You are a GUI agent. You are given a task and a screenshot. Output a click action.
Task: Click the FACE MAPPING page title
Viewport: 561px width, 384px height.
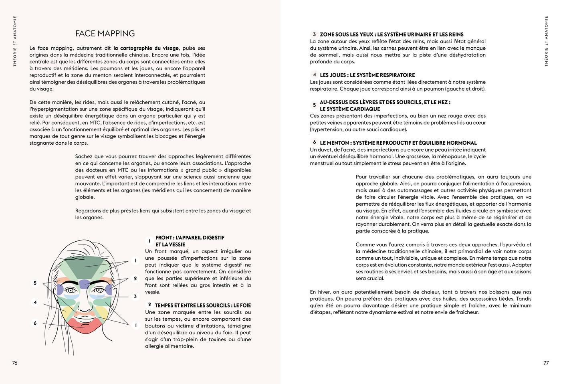click(105, 34)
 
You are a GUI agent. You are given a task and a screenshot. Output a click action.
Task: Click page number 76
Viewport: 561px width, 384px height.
click(15, 363)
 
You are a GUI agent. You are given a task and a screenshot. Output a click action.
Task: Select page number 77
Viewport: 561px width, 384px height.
click(546, 363)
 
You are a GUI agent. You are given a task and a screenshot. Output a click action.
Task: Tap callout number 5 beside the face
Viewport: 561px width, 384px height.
click(35, 283)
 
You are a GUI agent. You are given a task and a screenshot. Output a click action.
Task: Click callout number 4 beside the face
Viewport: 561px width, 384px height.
click(35, 303)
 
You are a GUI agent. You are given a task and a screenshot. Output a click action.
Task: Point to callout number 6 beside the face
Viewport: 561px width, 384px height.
click(35, 323)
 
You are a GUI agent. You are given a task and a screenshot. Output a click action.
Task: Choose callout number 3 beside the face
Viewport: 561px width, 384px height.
click(135, 297)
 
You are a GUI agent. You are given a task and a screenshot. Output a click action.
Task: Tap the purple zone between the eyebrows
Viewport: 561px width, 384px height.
click(85, 284)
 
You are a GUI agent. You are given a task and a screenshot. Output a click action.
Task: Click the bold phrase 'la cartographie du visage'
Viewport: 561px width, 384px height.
click(146, 48)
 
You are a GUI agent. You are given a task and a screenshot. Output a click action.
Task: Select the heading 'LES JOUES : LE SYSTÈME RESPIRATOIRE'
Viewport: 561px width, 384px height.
click(367, 75)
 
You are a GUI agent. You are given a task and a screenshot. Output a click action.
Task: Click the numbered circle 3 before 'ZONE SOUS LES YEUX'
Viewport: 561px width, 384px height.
click(315, 34)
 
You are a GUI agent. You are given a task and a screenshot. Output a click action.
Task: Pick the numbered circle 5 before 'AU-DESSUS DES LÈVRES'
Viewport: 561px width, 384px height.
click(315, 105)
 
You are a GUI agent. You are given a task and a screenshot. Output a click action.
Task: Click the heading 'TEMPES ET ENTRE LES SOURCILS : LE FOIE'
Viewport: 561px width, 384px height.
click(203, 305)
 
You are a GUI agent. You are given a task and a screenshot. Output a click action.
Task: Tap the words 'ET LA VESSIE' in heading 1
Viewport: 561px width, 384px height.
click(170, 245)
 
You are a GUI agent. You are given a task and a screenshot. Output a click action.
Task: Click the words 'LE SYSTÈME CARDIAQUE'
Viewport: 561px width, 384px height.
click(350, 109)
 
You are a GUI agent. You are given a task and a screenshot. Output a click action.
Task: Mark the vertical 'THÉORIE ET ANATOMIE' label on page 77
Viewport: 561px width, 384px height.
click(546, 41)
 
